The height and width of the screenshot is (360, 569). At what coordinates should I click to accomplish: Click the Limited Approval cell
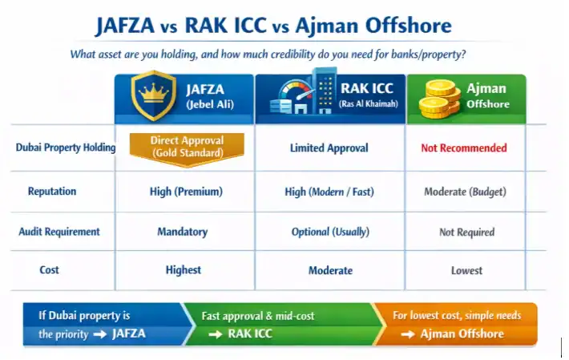tap(329, 148)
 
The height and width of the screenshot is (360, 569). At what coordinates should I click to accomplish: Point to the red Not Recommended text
tap(464, 148)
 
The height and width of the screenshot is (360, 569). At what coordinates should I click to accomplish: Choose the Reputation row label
tap(52, 192)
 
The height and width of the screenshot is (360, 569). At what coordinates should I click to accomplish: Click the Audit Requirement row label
tap(59, 231)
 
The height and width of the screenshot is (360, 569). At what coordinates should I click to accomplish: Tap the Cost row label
tap(50, 270)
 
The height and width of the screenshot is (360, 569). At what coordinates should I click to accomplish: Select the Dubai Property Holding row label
tap(60, 148)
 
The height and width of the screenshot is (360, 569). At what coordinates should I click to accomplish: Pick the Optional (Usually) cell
tap(330, 232)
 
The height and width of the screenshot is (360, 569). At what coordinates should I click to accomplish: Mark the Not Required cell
tap(466, 232)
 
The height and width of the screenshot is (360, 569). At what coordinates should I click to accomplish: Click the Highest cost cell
tap(184, 270)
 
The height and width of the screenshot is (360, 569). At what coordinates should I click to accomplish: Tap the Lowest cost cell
tap(466, 271)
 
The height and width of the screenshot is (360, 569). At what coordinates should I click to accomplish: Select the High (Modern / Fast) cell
tap(329, 192)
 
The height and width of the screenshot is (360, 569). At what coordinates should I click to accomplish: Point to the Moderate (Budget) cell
tap(465, 192)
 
